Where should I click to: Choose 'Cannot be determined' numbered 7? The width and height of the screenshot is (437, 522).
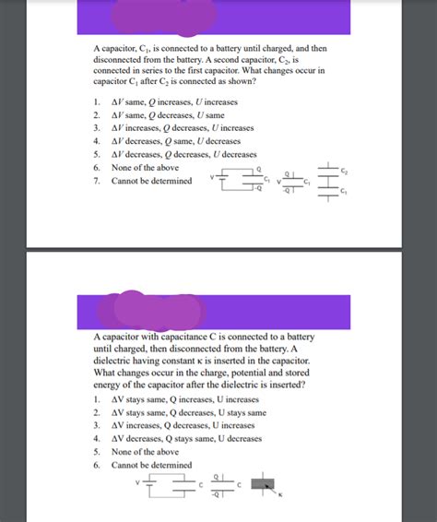151,181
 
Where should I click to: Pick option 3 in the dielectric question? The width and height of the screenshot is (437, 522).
176,426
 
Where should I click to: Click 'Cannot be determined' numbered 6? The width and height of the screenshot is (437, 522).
151,465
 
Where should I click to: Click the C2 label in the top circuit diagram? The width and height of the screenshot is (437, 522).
344,171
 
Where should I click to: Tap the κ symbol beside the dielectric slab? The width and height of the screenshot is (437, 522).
281,499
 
